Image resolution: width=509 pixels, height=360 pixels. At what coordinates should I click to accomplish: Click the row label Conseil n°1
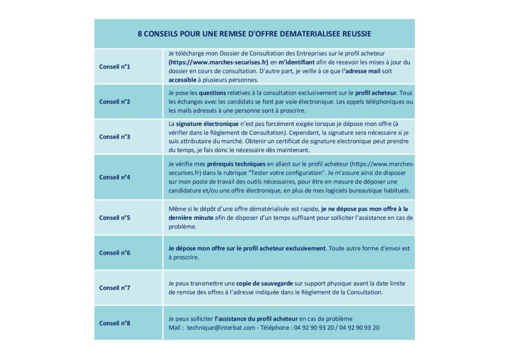(114, 66)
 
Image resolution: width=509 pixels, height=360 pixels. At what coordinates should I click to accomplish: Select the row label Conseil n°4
(114, 177)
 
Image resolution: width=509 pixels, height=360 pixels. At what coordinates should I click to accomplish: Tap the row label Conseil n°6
(114, 253)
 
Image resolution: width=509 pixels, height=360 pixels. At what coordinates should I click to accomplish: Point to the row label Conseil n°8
(114, 323)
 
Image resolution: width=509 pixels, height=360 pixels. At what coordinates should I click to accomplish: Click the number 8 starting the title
(140, 34)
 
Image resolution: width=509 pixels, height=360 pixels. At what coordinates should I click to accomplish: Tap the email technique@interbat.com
(221, 328)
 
